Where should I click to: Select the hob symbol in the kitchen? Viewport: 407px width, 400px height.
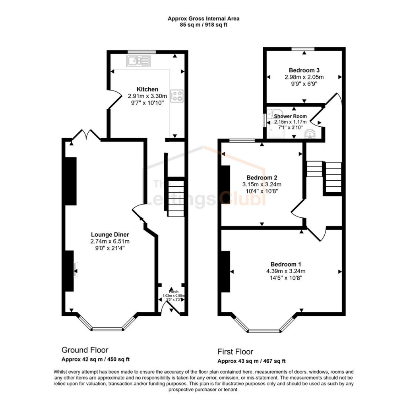pos(176,96)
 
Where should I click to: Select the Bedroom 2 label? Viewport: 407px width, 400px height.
pos(262,178)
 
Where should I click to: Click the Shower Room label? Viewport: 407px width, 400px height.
pos(290,116)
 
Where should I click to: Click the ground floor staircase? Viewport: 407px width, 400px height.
pos(176,198)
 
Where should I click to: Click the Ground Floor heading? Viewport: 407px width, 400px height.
pos(85,350)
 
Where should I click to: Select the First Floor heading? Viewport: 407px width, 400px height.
pos(235,352)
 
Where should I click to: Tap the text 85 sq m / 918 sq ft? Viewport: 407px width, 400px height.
pos(203,25)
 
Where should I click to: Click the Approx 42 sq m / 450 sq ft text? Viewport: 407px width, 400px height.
pos(95,359)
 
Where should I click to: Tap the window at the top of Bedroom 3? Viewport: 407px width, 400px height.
pos(303,49)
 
